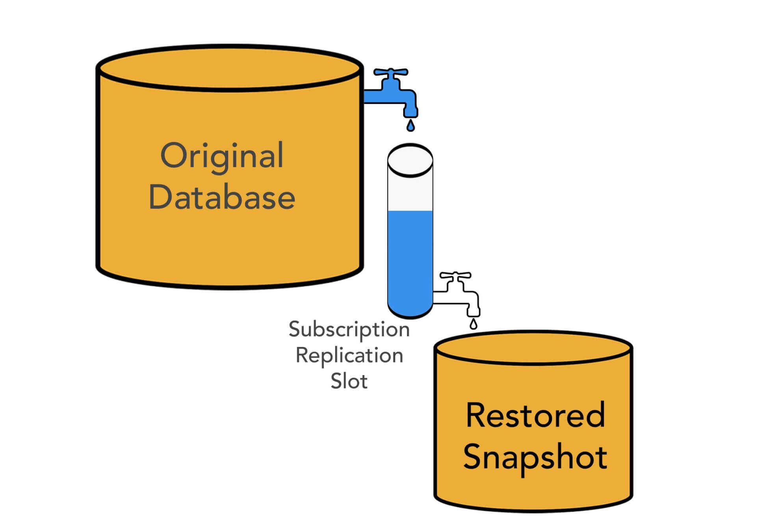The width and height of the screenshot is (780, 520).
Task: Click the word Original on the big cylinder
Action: tap(222, 156)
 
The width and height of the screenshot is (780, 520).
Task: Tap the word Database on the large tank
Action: tap(222, 197)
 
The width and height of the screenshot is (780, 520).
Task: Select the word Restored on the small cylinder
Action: tap(535, 415)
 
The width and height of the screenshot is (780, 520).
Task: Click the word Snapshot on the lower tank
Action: tap(535, 457)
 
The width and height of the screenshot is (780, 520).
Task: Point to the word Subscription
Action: tap(349, 329)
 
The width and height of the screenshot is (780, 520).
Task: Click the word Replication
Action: tap(349, 355)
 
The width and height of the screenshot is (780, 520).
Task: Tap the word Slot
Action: tap(349, 381)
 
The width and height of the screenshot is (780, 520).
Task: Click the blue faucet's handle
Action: tap(391, 72)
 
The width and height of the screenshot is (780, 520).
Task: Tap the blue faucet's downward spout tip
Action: tap(410, 113)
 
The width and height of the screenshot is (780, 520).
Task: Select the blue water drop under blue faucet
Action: tap(410, 126)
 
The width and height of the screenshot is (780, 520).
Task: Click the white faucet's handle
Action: tap(455, 275)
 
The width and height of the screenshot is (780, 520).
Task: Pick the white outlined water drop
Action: tap(474, 325)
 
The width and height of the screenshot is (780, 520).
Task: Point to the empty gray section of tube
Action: tap(410, 193)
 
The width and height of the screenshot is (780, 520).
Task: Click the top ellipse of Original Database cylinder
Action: tap(230, 68)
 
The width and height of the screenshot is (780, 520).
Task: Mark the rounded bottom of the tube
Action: tap(410, 311)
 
